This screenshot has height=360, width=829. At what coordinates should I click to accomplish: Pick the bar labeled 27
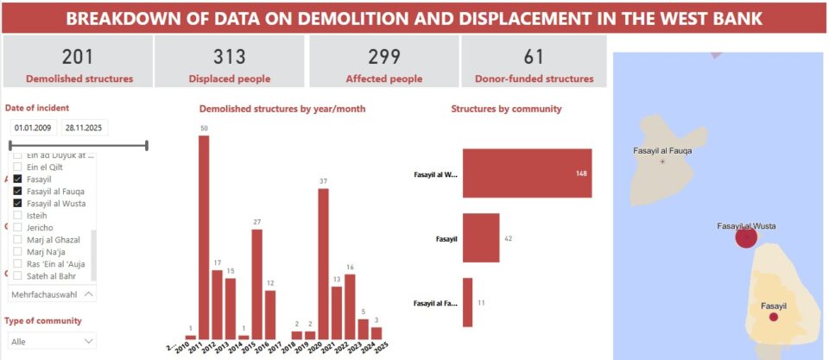tap(256, 284)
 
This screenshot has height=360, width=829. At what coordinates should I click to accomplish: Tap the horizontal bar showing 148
tap(527, 173)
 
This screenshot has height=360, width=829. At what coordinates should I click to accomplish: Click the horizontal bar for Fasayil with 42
tap(481, 237)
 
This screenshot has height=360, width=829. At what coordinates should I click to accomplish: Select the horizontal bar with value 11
tap(468, 302)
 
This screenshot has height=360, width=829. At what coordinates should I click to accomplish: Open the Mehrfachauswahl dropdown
tap(53, 294)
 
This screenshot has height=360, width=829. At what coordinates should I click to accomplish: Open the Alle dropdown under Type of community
tap(53, 341)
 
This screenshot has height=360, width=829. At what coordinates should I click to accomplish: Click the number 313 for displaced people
tap(230, 57)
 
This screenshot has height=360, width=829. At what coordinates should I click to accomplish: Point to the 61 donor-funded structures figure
tap(534, 57)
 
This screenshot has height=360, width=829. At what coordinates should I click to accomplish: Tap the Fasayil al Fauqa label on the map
tap(662, 150)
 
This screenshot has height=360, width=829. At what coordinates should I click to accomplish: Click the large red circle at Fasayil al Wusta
tap(746, 237)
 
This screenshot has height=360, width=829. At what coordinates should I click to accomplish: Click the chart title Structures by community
tap(506, 109)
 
